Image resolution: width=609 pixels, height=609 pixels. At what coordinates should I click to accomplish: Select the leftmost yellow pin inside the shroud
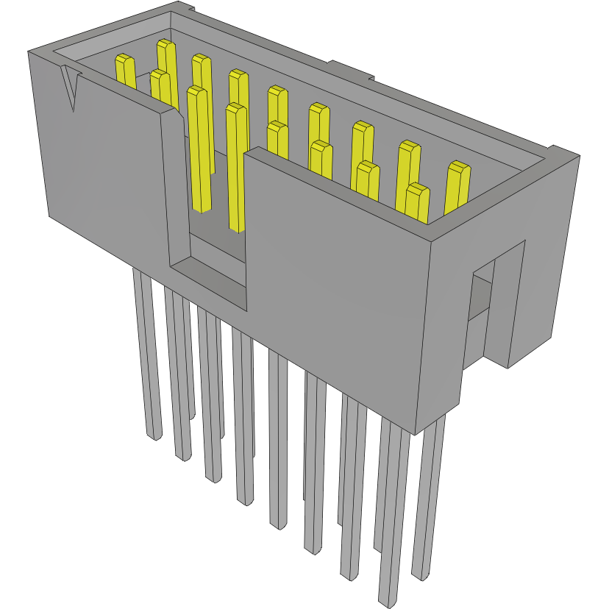[125, 71]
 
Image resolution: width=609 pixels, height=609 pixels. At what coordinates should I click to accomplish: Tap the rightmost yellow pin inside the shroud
[457, 188]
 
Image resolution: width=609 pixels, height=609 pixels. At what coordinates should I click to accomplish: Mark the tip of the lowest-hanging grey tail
[388, 599]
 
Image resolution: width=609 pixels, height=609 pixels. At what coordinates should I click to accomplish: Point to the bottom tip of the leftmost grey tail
[154, 435]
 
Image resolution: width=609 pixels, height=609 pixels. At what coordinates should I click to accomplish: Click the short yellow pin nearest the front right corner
[417, 202]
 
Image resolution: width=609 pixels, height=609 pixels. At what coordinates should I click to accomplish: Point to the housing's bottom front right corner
[416, 432]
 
